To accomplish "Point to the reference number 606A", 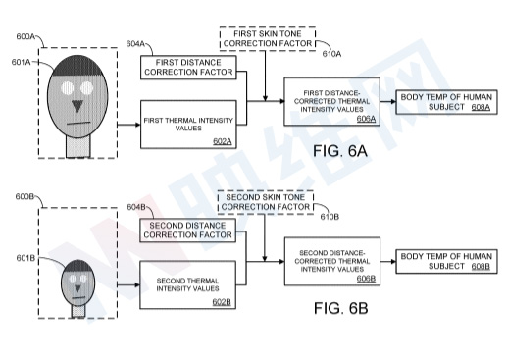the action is (366, 119).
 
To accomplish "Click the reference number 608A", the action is (481, 107).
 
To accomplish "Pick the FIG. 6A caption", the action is (340, 151).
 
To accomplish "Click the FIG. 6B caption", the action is (340, 308).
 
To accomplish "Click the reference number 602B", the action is (222, 302).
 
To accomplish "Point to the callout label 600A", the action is (25, 36).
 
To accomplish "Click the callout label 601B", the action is (25, 258).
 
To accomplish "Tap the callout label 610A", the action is (331, 54).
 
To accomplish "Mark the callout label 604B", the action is (136, 207).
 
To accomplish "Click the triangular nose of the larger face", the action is (77, 106).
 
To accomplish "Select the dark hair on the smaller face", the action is (78, 266).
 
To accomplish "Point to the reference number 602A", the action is (223, 141).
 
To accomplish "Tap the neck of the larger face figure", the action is (77, 146).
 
